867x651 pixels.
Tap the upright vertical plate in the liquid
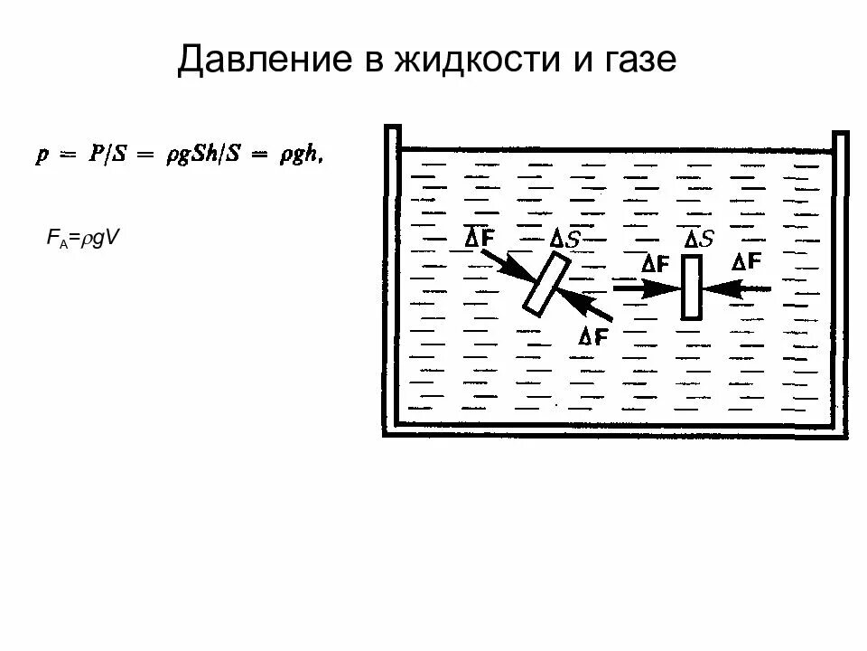(692, 288)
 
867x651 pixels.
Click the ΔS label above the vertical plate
(699, 239)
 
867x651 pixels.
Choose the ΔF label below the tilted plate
(593, 336)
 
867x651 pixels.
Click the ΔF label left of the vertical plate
(655, 264)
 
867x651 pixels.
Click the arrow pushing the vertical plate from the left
(646, 288)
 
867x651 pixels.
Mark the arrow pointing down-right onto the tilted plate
(507, 265)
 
